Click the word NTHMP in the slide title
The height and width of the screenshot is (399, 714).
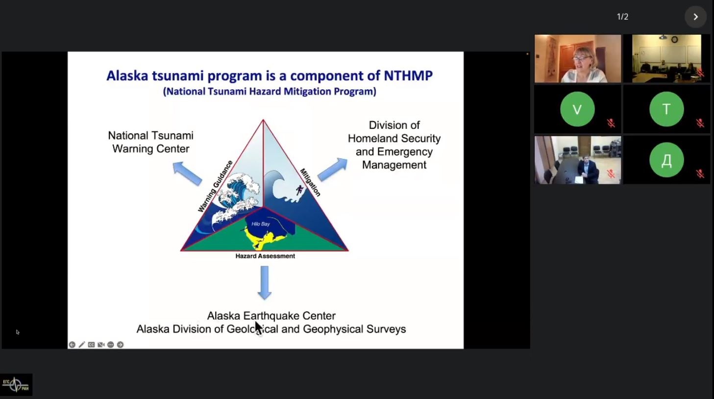408,75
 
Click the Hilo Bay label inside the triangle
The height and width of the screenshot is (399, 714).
260,224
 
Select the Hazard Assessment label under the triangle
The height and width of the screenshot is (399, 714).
265,256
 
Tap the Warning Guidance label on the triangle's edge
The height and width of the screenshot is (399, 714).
215,186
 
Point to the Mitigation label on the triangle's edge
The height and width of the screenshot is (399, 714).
310,182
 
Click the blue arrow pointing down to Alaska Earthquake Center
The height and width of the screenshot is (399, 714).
264,283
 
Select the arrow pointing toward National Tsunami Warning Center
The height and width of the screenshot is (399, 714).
187,173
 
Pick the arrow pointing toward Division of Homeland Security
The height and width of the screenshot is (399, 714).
332,170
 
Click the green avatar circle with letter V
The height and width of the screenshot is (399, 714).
577,109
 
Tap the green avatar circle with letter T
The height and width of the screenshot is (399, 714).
666,109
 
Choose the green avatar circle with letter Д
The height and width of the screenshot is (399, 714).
666,160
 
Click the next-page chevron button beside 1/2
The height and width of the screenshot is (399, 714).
695,17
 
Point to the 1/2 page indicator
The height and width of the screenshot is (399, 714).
622,17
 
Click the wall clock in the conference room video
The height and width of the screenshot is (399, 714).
674,40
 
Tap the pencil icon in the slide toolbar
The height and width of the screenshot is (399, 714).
82,345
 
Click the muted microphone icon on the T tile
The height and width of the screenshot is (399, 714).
700,123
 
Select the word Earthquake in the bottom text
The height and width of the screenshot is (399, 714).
271,316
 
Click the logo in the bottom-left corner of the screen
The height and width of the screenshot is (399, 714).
16,385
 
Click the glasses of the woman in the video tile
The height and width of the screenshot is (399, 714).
581,58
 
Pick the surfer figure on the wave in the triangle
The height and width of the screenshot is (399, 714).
299,190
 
